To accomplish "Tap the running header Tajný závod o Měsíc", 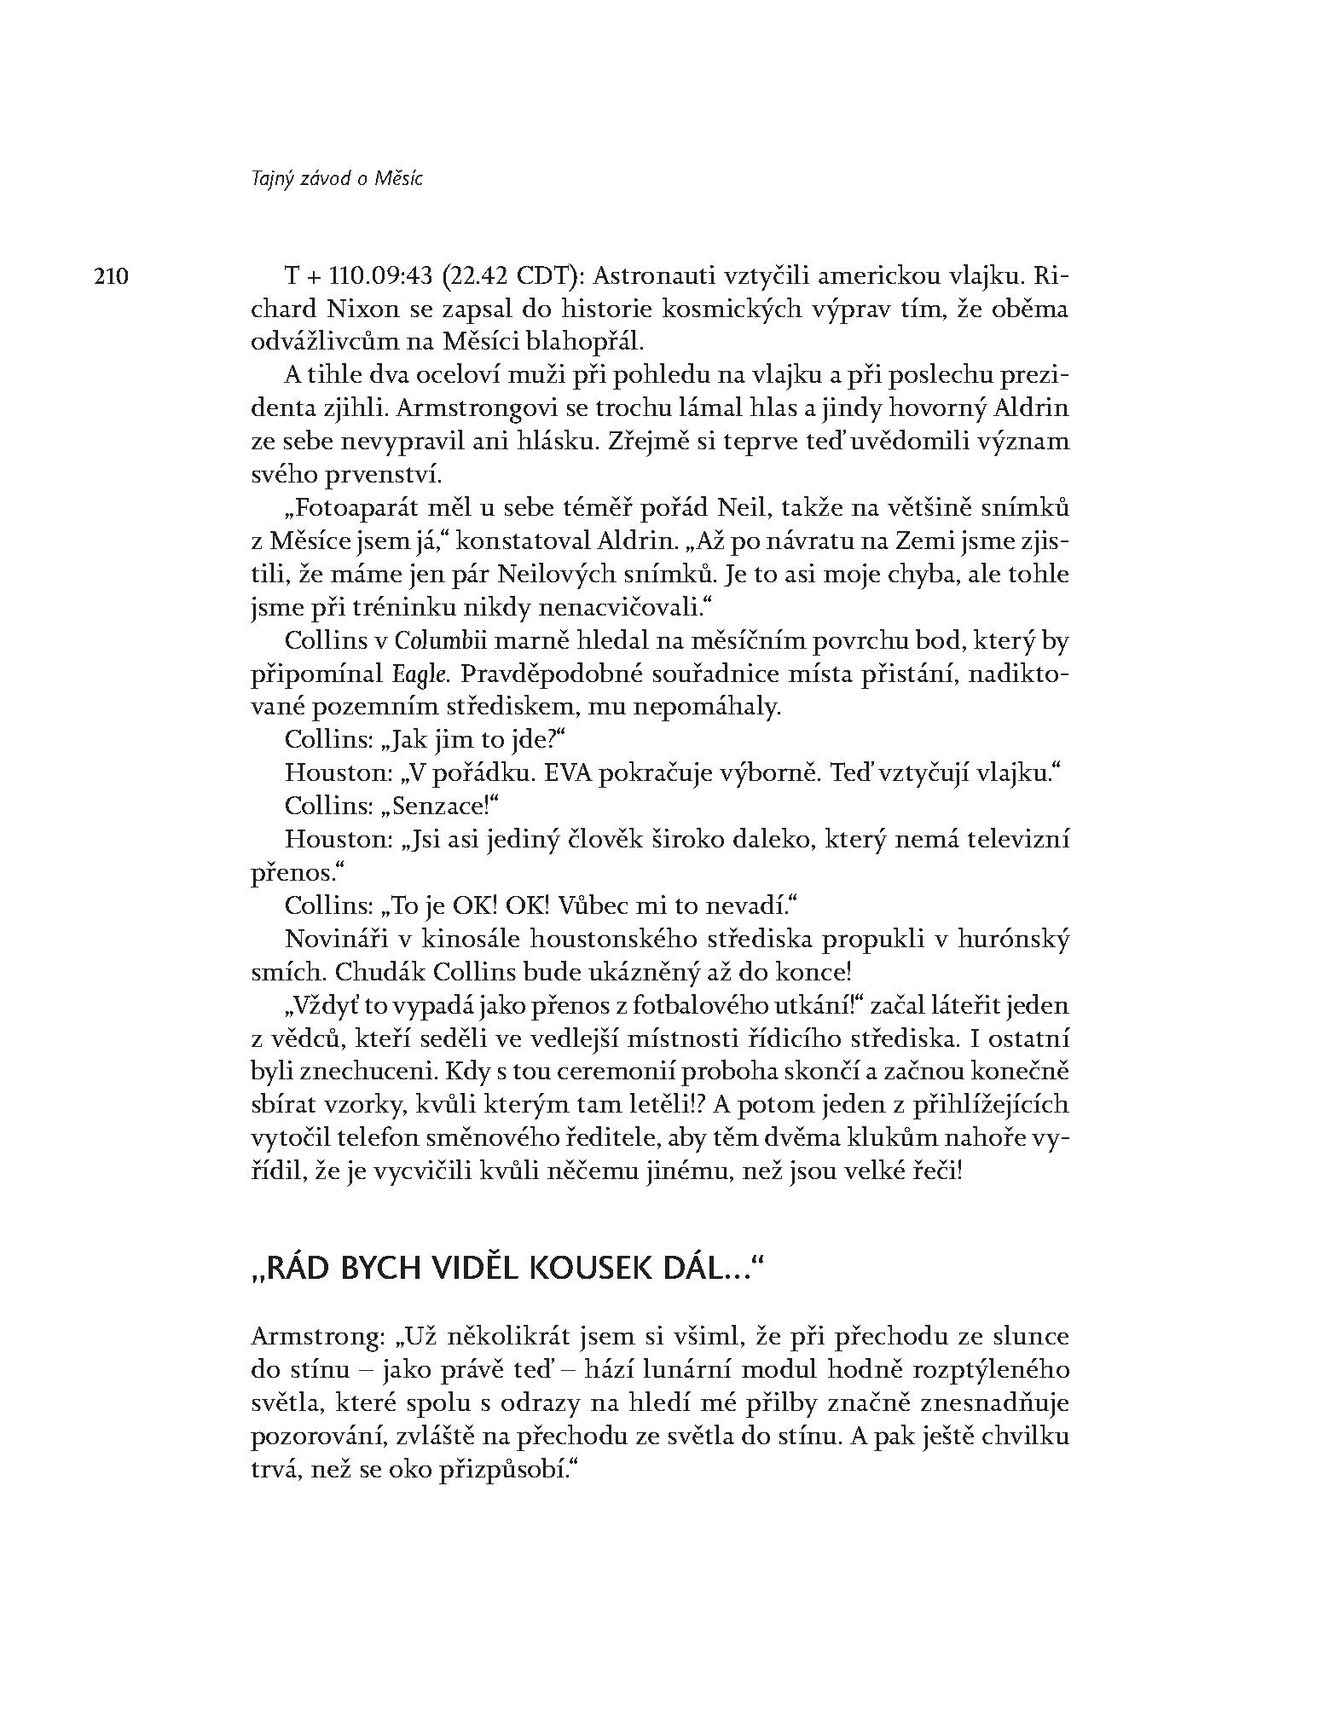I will (338, 179).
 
